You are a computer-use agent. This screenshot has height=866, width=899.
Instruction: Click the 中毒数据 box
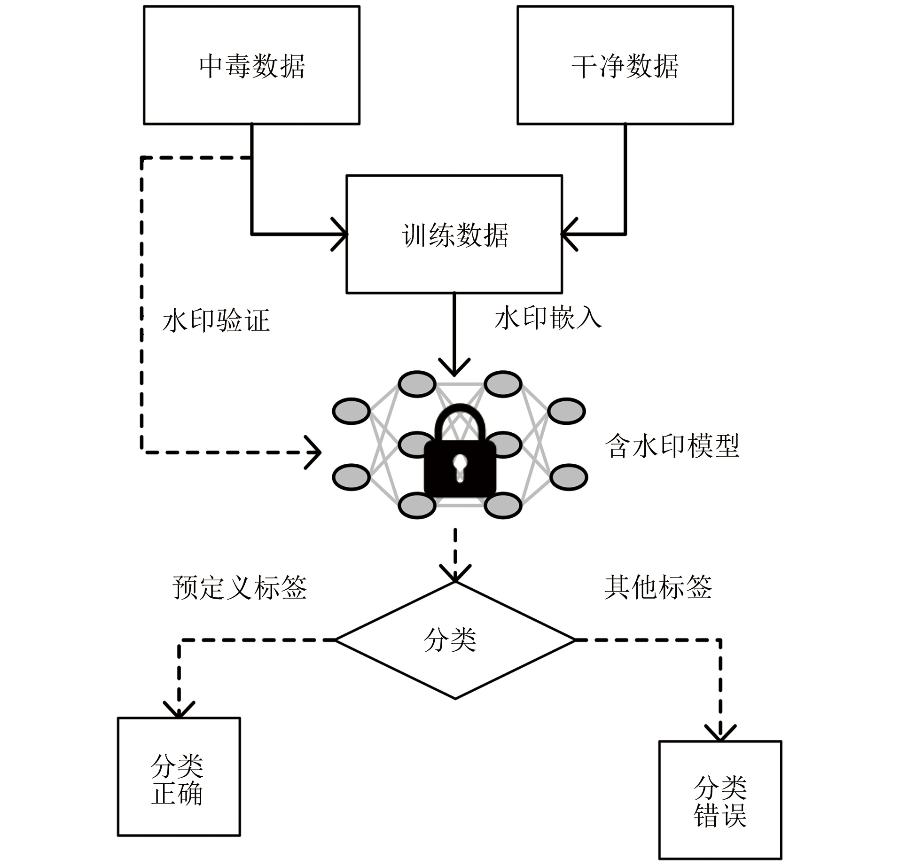point(251,65)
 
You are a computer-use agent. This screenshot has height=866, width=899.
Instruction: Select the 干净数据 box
point(625,65)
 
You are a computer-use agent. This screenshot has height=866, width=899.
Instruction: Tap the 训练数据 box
point(454,234)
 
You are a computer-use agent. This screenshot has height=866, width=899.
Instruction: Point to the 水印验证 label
point(216,321)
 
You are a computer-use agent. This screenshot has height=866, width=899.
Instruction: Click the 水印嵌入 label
point(548,318)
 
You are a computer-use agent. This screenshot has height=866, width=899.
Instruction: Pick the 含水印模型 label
point(672,445)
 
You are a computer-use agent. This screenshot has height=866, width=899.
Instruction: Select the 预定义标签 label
point(240,587)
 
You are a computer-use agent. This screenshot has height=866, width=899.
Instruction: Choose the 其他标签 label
point(658,587)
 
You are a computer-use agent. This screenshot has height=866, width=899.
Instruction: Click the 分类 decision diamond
point(455,640)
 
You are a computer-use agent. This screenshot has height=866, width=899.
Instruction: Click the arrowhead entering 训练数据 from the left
point(341,234)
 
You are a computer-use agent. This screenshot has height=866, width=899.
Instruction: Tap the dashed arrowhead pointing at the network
point(314,453)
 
